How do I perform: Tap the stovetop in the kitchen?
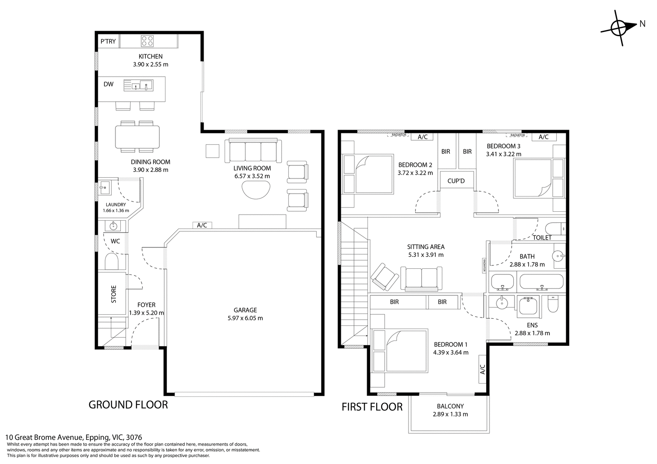(x=147, y=41)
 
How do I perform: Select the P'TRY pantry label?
(x=108, y=41)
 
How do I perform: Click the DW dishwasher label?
(x=108, y=84)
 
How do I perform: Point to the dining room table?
(x=137, y=137)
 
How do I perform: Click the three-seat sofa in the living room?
(x=253, y=151)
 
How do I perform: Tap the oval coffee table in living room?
(x=256, y=190)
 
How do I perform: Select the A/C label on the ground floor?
(x=202, y=225)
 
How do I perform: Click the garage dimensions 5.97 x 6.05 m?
(x=245, y=318)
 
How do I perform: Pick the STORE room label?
(x=113, y=294)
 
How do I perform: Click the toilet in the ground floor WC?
(x=111, y=261)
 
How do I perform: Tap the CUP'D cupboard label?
(x=456, y=181)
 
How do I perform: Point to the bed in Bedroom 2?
(x=368, y=174)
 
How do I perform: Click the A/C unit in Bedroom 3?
(x=544, y=137)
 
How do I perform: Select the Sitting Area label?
(x=426, y=247)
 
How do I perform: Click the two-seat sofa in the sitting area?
(x=421, y=279)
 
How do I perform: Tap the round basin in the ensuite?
(x=502, y=302)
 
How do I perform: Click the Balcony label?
(x=450, y=406)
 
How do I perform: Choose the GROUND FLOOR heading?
(x=128, y=405)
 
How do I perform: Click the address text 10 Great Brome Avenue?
(x=44, y=438)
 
